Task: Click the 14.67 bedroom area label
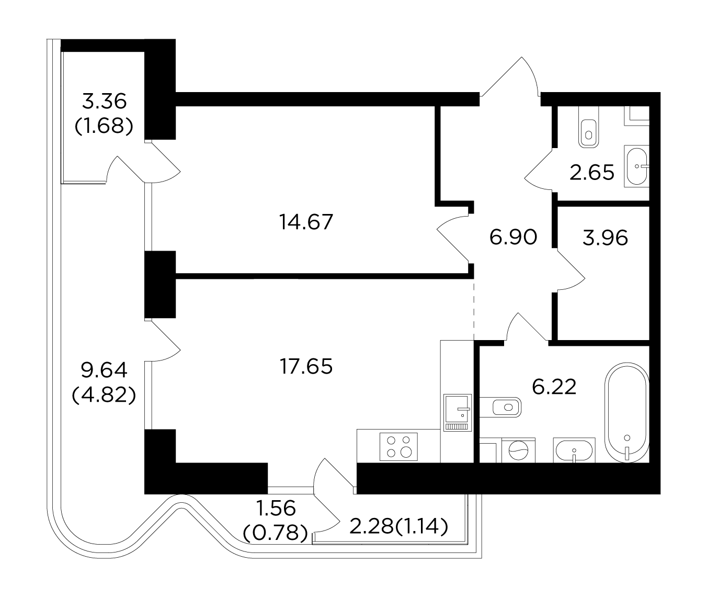[306, 222]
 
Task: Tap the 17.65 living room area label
[306, 366]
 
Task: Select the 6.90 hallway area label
[513, 237]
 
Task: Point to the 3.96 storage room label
[605, 238]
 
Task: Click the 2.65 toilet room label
[592, 172]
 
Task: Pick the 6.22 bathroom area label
[554, 387]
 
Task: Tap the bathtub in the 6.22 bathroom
[627, 413]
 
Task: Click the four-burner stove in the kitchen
[398, 447]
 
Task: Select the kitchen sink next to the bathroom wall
[458, 412]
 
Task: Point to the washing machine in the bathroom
[518, 450]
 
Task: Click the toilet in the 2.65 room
[589, 127]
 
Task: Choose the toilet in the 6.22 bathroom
[500, 407]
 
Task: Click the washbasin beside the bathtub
[574, 450]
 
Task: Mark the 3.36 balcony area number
[104, 101]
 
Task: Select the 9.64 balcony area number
[104, 370]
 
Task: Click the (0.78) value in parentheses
[276, 533]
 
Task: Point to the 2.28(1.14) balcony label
[398, 527]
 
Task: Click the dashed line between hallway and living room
[474, 310]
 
